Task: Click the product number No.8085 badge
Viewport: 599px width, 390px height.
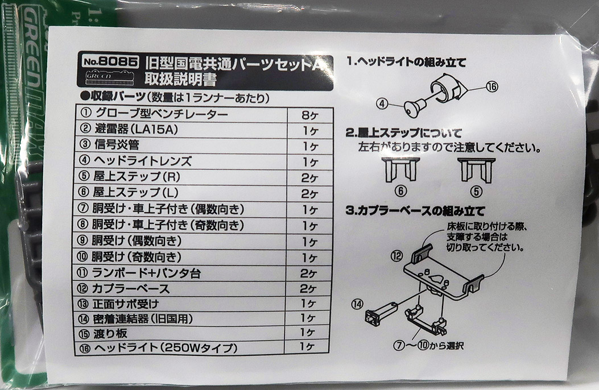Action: (x=110, y=61)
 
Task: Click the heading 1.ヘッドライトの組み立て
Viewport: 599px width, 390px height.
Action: (x=406, y=62)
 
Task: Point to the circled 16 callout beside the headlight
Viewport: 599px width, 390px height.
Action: (x=491, y=87)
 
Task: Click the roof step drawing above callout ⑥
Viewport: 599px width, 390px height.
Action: (x=400, y=170)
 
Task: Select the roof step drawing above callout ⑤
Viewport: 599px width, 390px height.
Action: (x=476, y=170)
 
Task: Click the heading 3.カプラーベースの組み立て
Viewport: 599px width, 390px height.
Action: (x=415, y=211)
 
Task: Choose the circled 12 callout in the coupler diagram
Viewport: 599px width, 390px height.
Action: (x=396, y=255)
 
